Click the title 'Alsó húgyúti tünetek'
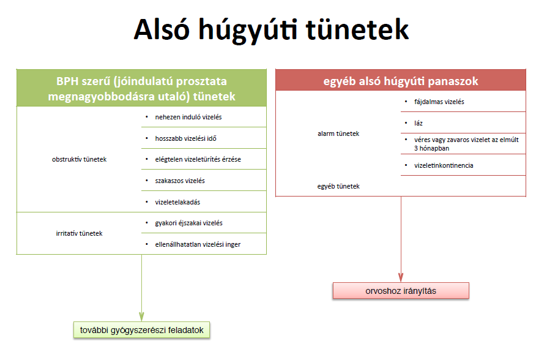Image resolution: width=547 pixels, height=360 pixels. [271, 29]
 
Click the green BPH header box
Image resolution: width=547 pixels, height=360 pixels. [141, 88]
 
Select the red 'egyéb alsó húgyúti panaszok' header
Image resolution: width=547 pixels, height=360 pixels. [401, 80]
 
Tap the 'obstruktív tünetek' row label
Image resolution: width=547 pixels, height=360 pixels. [79, 159]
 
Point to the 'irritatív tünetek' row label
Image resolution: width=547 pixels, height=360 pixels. [79, 233]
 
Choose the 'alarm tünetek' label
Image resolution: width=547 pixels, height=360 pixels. [338, 133]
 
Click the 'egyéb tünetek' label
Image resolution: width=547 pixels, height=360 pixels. [338, 186]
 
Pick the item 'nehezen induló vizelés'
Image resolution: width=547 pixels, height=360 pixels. [188, 117]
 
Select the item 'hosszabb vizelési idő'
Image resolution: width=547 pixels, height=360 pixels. [185, 138]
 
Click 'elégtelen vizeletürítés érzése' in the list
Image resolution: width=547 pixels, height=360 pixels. [198, 159]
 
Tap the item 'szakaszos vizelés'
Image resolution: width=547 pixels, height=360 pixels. [180, 181]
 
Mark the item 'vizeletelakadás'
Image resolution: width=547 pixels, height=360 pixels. [177, 202]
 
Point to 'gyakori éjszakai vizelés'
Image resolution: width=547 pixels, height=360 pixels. [188, 223]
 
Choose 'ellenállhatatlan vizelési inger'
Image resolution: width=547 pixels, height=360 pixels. [198, 244]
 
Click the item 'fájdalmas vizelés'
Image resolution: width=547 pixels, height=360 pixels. [439, 102]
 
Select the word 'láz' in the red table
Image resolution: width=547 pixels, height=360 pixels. [419, 123]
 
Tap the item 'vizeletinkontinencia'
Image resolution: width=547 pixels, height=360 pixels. [444, 165]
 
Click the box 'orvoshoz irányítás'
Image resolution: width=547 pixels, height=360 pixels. [401, 291]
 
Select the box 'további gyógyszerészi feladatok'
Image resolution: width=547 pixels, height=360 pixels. [141, 330]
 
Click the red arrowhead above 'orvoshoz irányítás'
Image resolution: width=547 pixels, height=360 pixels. [401, 277]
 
